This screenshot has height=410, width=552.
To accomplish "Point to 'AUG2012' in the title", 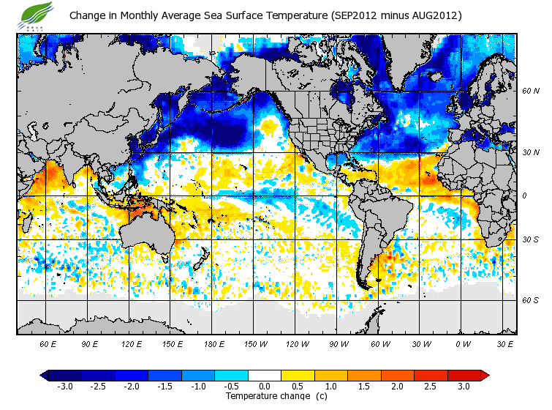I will tap(434, 15).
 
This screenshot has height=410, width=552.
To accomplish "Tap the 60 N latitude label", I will tap(530, 91).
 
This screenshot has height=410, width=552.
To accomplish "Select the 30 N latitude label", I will tap(530, 152).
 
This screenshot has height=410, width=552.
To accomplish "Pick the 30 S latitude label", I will tap(530, 239).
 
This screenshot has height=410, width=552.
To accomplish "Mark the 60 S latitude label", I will tap(530, 300).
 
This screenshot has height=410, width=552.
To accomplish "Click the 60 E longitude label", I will tap(48, 343).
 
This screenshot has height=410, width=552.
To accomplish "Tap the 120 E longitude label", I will tap(132, 343).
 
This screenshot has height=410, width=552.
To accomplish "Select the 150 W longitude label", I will tap(255, 343).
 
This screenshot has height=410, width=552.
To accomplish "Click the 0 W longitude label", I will tap(462, 343).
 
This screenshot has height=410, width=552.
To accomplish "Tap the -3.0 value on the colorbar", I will tap(65, 387).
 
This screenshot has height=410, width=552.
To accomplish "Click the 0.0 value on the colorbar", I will tap(264, 387).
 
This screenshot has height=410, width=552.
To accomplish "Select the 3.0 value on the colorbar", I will tap(464, 387).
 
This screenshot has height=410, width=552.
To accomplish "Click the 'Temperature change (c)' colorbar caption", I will tap(265, 396).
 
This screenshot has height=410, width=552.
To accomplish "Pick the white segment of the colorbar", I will tap(264, 375).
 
